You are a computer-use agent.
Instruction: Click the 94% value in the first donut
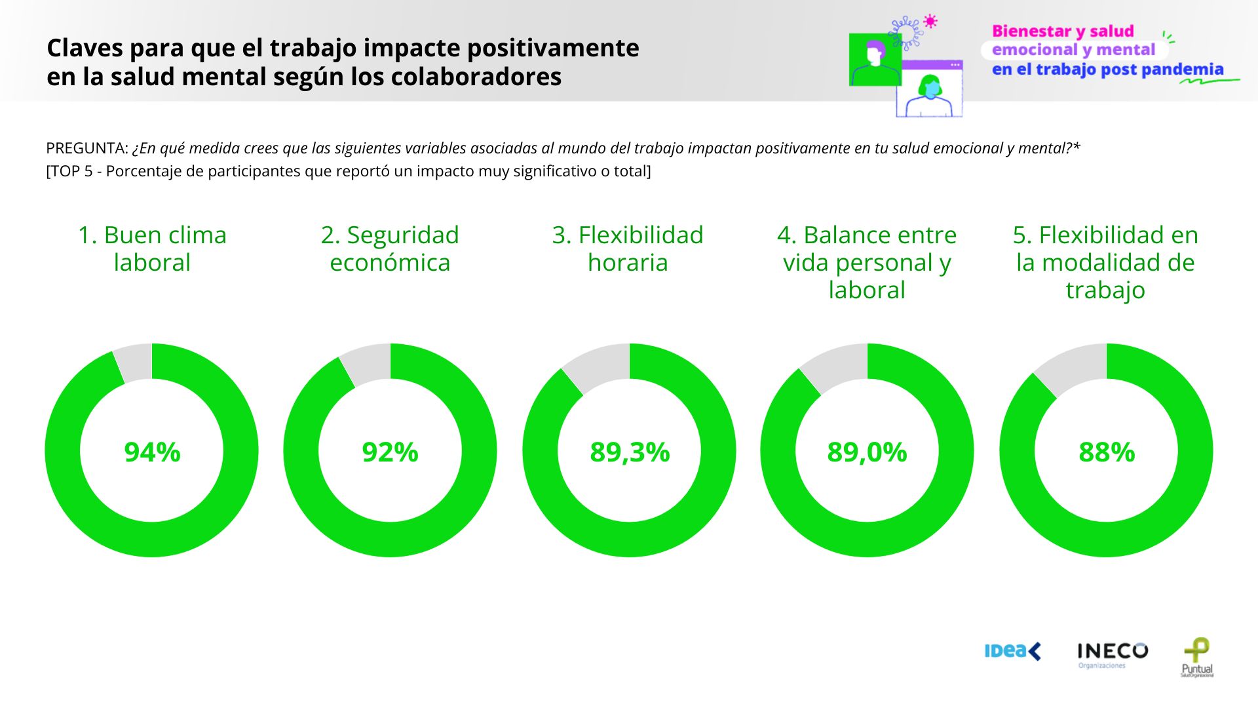152,452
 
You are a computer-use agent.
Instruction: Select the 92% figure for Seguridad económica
390,452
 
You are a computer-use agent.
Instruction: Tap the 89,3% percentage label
630,452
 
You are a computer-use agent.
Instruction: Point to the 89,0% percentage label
867,452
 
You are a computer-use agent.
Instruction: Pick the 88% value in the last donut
1107,452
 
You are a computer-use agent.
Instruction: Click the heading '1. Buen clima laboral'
152,248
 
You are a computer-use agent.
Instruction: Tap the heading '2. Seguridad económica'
390,248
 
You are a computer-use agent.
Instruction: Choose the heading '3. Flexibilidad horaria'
628,248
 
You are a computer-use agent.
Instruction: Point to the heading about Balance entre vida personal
867,262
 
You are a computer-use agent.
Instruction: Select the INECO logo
1112,653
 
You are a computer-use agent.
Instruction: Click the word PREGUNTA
86,148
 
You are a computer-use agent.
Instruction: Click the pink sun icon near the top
930,21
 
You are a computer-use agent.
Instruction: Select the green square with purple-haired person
875,60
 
